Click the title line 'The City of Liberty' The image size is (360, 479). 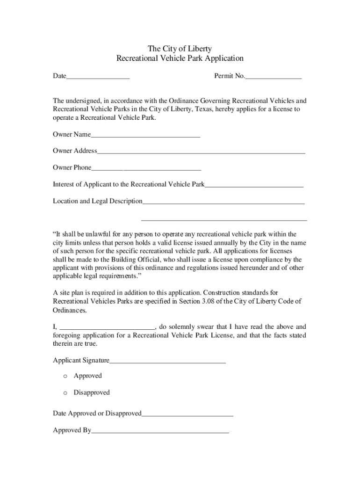click(x=180, y=49)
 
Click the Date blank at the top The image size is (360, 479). click(x=98, y=76)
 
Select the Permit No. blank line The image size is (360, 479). click(x=274, y=76)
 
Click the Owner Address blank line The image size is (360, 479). click(x=201, y=151)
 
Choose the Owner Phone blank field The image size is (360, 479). click(x=146, y=168)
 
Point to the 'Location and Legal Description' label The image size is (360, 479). click(x=98, y=201)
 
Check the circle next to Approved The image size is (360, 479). click(x=65, y=376)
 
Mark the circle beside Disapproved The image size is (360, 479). click(x=65, y=393)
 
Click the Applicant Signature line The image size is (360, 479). click(x=167, y=361)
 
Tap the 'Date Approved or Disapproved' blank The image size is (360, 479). click(x=187, y=414)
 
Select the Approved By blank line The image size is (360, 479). click(x=160, y=431)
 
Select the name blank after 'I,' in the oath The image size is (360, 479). click(x=108, y=327)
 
